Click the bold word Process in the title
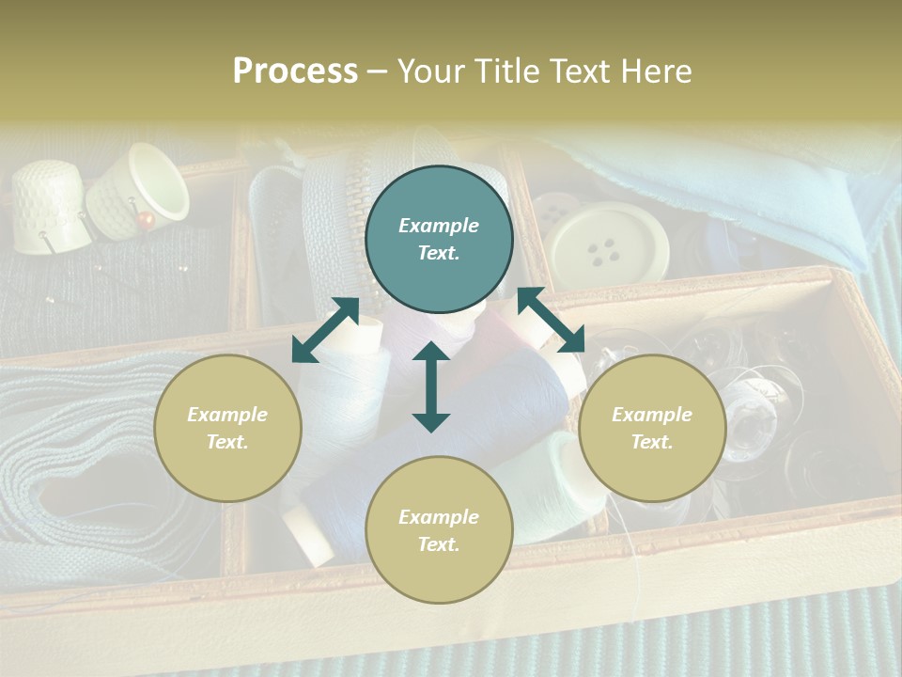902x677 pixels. click(295, 71)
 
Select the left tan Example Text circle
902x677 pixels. click(227, 428)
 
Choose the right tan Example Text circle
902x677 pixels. click(652, 428)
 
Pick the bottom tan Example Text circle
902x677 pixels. click(439, 529)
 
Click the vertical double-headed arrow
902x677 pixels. click(431, 386)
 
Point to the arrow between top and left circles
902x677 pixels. click(325, 329)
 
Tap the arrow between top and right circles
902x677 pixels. click(551, 320)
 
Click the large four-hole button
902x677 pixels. click(609, 244)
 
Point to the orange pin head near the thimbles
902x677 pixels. click(146, 220)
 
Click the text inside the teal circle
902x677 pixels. click(439, 239)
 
